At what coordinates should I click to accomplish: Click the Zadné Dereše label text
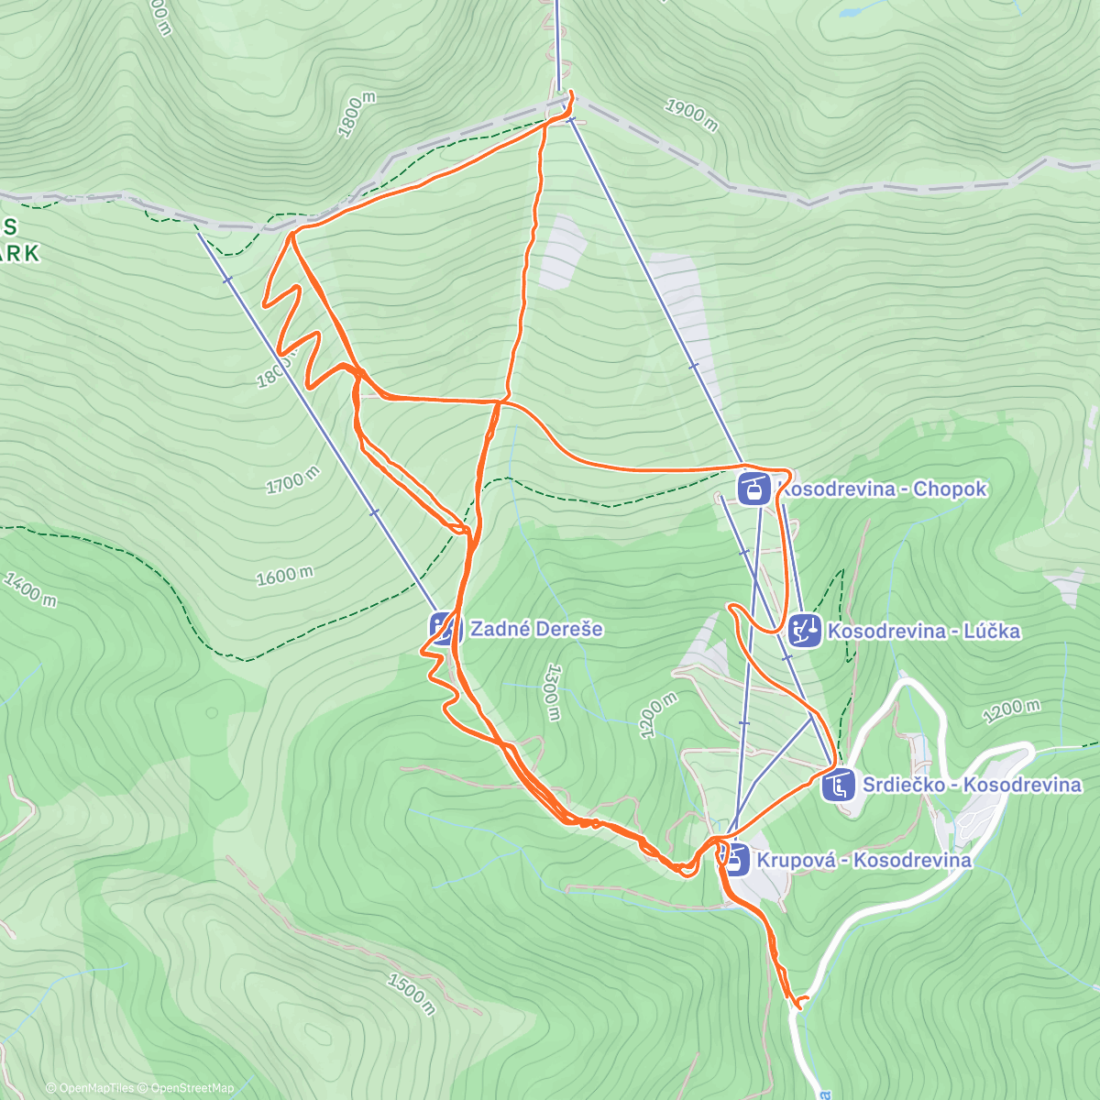pyautogui.click(x=536, y=629)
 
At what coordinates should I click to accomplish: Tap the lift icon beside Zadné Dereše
pyautogui.click(x=443, y=629)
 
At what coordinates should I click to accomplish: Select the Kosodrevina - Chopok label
pyautogui.click(x=882, y=489)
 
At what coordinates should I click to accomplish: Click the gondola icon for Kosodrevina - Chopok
pyautogui.click(x=753, y=488)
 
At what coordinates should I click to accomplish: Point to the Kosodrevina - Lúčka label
pyautogui.click(x=923, y=631)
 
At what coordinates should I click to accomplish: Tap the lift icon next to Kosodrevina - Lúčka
pyautogui.click(x=805, y=631)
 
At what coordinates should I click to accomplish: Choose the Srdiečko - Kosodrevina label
pyautogui.click(x=972, y=785)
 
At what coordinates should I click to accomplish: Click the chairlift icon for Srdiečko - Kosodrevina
pyautogui.click(x=838, y=786)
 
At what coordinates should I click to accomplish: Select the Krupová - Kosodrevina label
pyautogui.click(x=863, y=860)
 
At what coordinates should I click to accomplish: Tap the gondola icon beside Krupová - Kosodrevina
pyautogui.click(x=733, y=859)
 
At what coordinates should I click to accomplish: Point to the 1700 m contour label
pyautogui.click(x=292, y=479)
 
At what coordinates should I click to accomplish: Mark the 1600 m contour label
pyautogui.click(x=284, y=576)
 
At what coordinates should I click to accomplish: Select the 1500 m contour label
pyautogui.click(x=411, y=994)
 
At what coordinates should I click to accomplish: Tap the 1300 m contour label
pyautogui.click(x=551, y=693)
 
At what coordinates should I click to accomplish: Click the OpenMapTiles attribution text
pyautogui.click(x=91, y=1088)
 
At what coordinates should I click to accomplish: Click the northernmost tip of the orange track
pyautogui.click(x=570, y=93)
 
